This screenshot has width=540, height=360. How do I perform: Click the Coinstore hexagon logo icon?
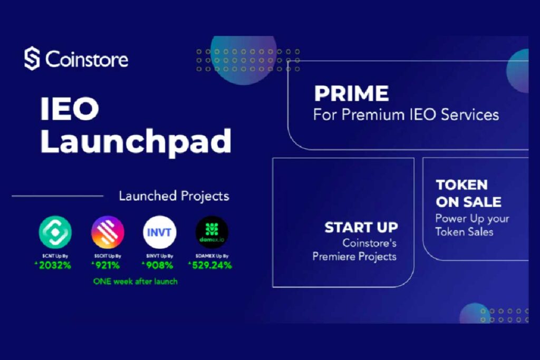tap(32, 59)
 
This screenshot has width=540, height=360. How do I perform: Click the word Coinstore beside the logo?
tap(87, 59)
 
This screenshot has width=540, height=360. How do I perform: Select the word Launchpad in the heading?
tap(136, 141)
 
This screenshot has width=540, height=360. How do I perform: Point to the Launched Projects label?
tap(174, 196)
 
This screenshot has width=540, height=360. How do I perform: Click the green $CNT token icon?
tap(55, 232)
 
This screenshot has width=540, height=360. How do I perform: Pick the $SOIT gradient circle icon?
tap(108, 232)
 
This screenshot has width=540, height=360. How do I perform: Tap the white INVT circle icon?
tap(160, 232)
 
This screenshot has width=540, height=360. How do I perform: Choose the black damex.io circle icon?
tap(212, 232)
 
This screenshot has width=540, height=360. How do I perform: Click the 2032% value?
tap(56, 265)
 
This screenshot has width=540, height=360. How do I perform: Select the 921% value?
tap(109, 265)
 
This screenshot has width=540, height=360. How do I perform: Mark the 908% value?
tap(161, 265)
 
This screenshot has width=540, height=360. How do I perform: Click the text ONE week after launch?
tap(136, 281)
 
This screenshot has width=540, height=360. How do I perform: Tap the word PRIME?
tap(351, 94)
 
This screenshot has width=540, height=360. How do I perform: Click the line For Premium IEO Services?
tap(406, 114)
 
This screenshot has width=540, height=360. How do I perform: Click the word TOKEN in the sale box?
tap(461, 185)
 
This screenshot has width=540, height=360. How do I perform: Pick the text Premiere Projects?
tap(354, 257)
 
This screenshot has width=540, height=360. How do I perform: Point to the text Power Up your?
tap(472, 218)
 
